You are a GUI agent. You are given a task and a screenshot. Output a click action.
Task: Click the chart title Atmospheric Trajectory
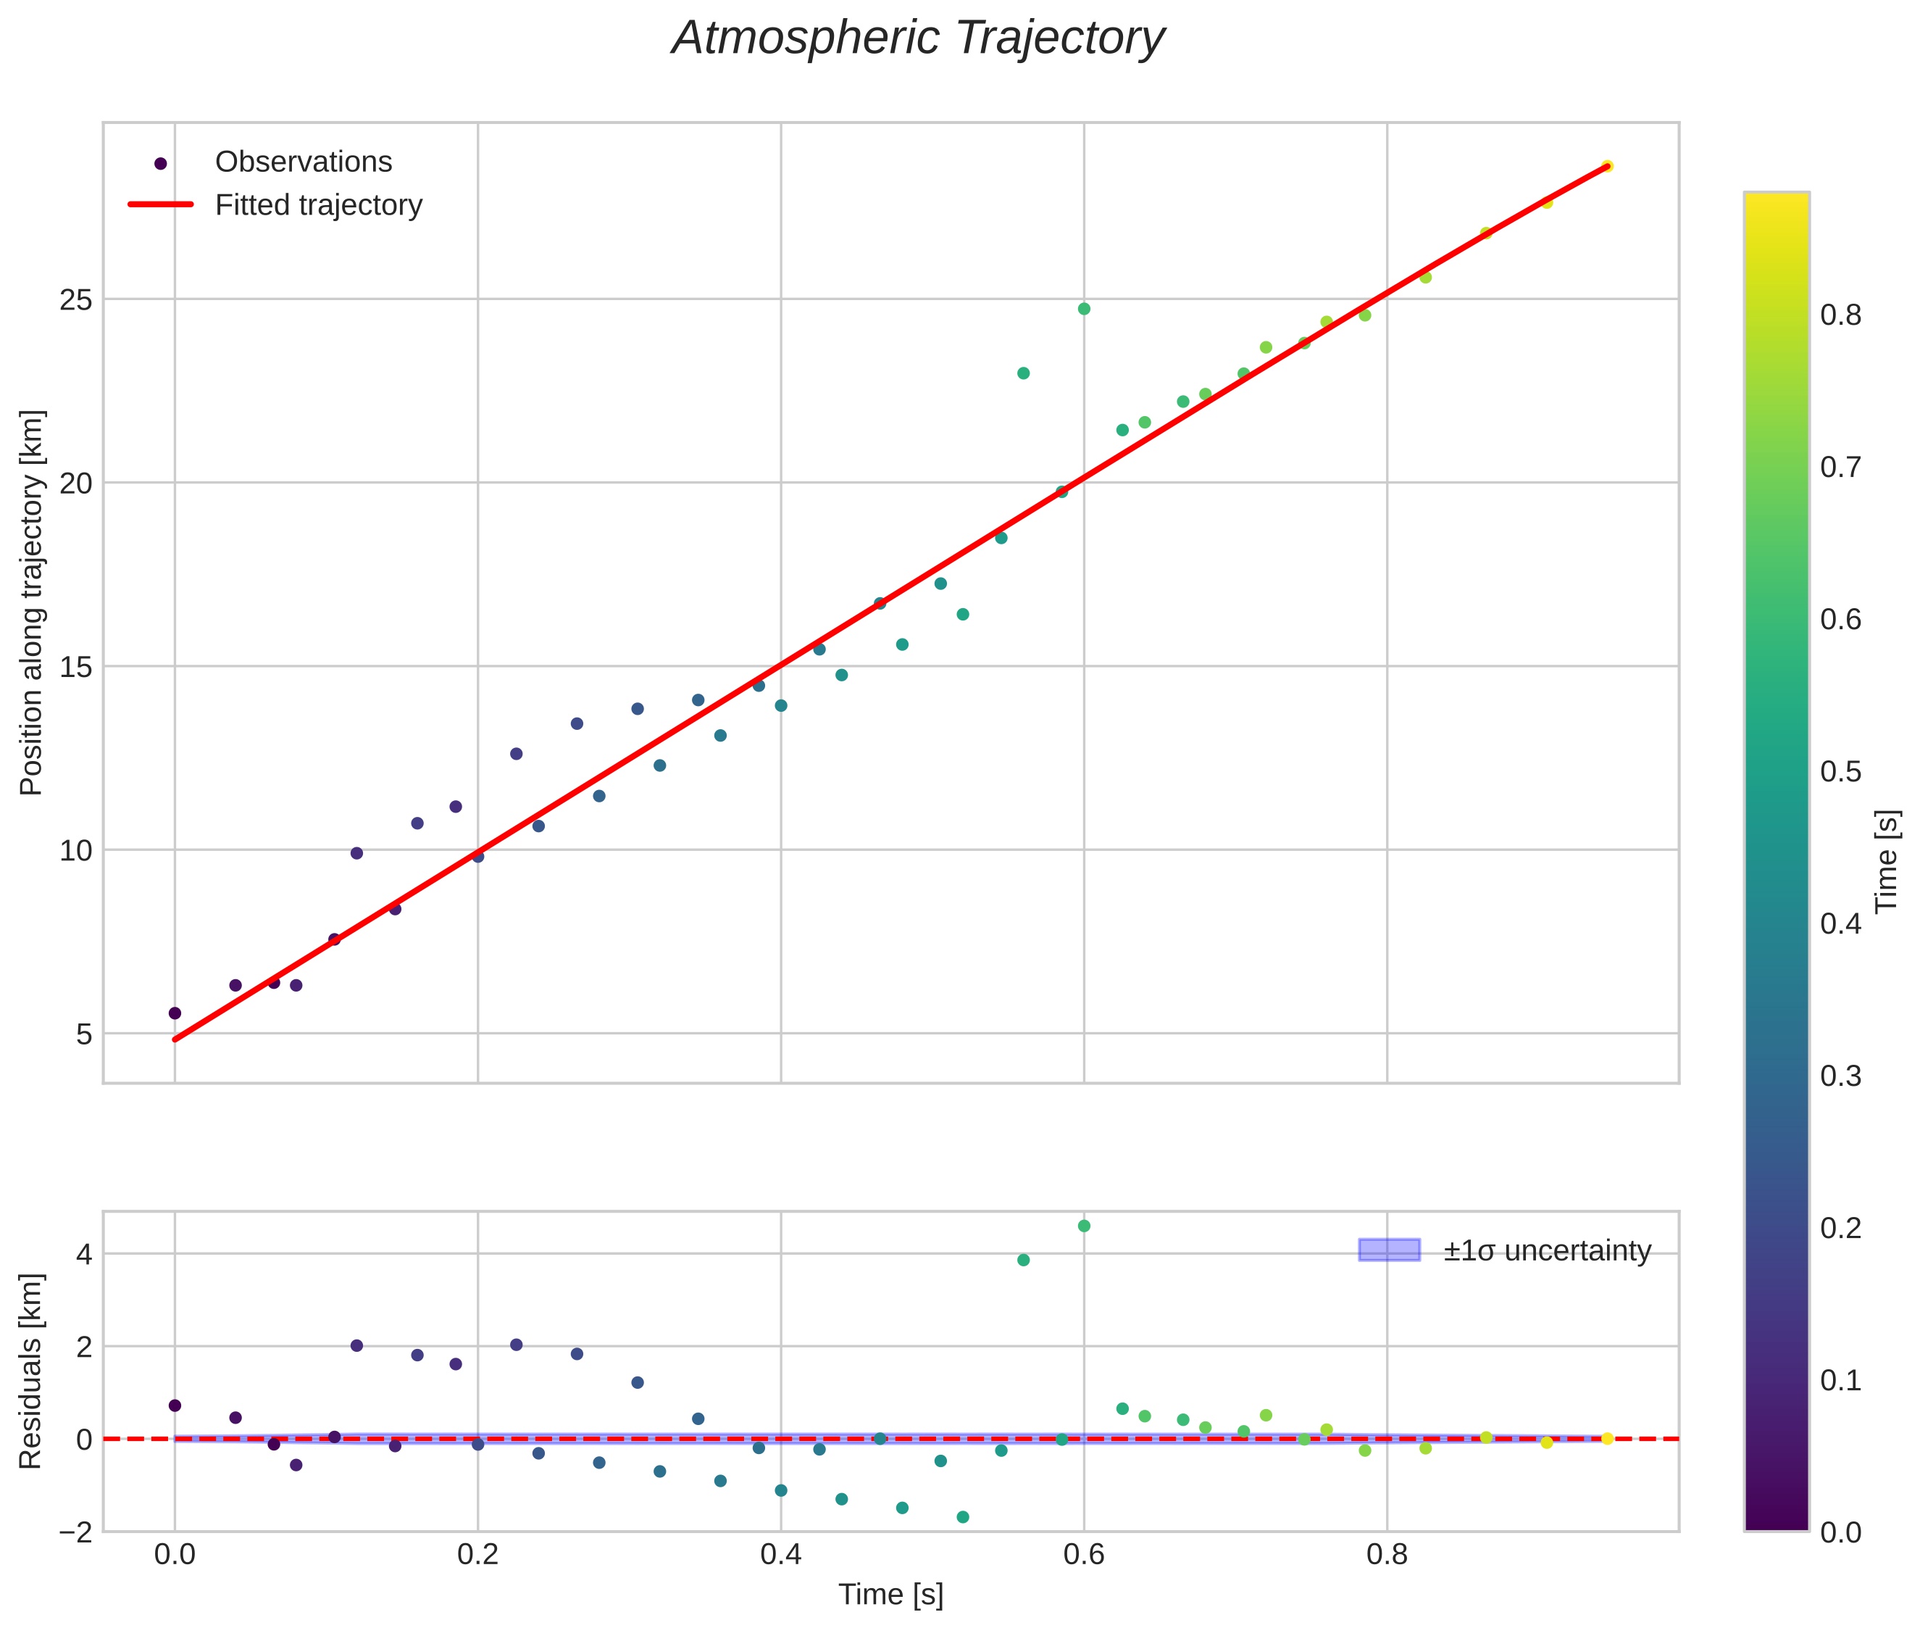918,38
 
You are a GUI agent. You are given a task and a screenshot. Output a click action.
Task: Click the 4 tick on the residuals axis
83,1254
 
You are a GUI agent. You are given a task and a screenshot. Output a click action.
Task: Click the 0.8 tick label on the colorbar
1840,315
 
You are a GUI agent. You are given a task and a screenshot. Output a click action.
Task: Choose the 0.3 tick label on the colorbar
1840,1076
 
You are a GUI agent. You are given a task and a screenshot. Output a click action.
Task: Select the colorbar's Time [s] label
1887,861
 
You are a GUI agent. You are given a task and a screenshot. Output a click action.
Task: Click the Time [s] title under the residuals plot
890,1595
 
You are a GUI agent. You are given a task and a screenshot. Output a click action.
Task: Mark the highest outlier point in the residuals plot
1084,1226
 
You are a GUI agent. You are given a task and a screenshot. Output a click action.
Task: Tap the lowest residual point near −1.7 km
962,1517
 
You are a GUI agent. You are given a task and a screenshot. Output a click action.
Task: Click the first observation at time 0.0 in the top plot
175,1013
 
